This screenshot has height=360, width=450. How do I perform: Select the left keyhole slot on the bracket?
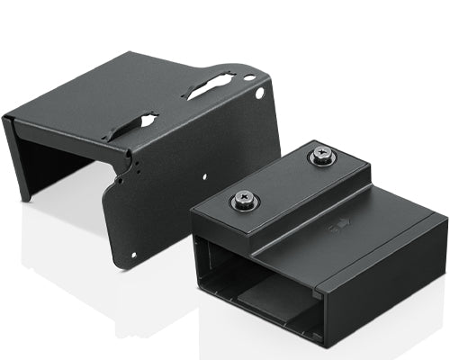click(x=131, y=126)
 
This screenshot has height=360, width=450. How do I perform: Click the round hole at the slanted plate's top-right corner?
click(x=260, y=93)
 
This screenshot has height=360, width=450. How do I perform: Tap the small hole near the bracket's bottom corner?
click(x=134, y=253)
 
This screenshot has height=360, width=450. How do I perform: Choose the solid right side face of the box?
click(x=387, y=288)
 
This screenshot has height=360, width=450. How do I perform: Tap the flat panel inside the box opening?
click(x=270, y=306)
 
